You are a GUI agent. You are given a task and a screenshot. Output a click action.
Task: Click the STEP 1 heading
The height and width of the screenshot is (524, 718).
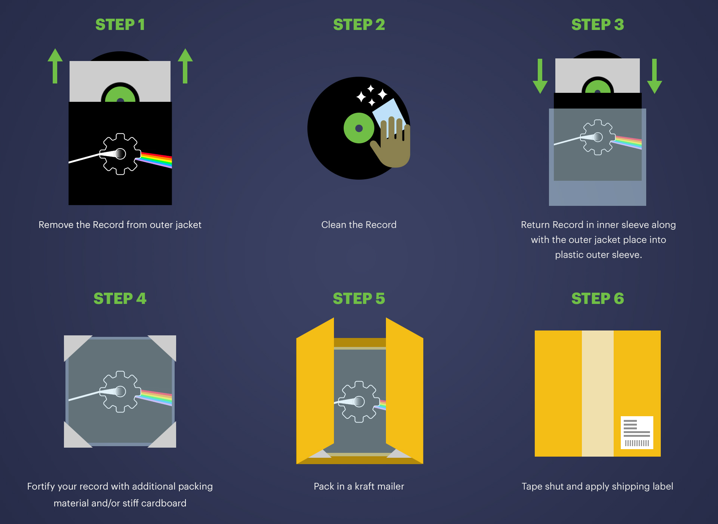(x=120, y=25)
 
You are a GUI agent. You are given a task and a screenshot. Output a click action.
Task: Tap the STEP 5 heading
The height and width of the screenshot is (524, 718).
(x=359, y=299)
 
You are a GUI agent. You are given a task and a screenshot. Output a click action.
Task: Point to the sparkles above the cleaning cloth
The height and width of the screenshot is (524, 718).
(x=371, y=95)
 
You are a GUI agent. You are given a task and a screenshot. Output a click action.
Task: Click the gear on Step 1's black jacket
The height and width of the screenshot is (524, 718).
(x=120, y=154)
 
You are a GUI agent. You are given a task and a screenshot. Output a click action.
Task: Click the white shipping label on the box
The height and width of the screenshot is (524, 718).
(x=636, y=432)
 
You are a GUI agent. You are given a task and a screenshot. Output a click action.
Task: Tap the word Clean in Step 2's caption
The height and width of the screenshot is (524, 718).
(x=334, y=225)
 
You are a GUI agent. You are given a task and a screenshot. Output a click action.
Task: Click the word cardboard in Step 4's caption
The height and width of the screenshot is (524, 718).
(x=163, y=503)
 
